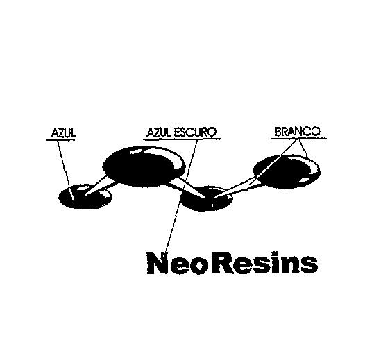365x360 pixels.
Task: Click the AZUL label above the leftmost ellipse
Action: point(63,133)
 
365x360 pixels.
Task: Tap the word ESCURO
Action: point(195,132)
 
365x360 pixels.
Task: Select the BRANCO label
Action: point(298,132)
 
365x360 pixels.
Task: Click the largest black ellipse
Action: point(144,166)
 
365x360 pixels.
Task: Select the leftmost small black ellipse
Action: point(85,196)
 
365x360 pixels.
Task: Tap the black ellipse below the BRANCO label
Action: point(287,170)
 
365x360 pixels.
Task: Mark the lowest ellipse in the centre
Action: point(206,198)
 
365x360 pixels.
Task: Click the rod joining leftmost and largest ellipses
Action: point(100,186)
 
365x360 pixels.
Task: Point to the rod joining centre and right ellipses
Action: point(235,189)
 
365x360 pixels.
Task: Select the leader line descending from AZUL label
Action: point(66,170)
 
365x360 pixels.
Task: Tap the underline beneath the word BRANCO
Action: point(299,139)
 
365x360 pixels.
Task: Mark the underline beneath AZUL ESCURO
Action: point(182,139)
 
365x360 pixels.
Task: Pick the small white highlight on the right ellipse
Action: point(304,180)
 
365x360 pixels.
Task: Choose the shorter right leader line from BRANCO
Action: point(304,149)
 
